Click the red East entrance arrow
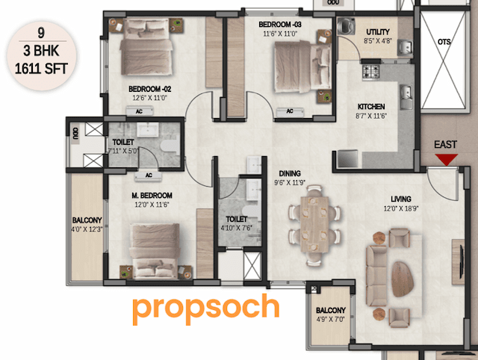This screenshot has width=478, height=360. (x=447, y=159)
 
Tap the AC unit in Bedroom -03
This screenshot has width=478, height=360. (x=288, y=112)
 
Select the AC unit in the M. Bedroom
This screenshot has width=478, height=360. (x=148, y=176)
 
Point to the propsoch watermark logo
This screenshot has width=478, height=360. (x=206, y=308)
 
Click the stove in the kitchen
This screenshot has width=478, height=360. (x=370, y=72)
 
